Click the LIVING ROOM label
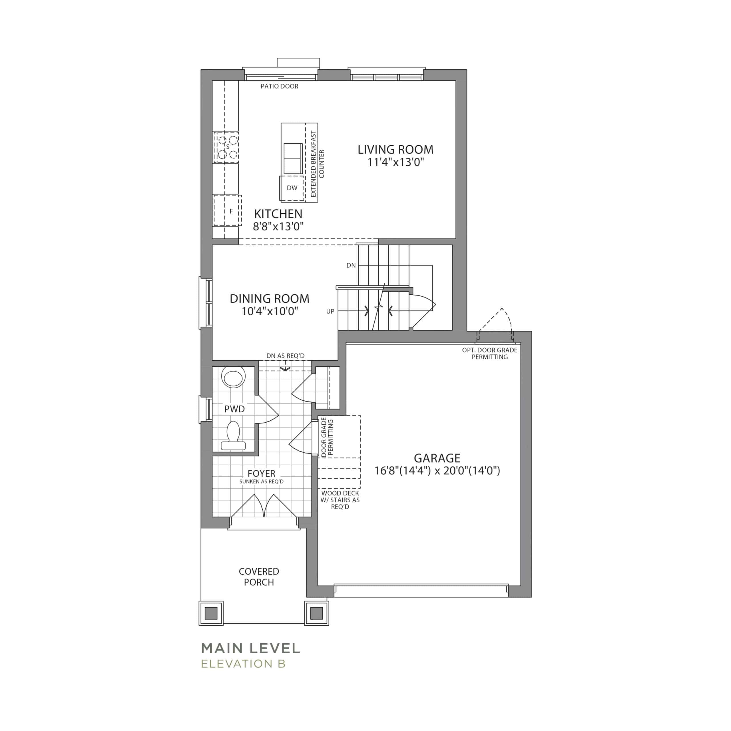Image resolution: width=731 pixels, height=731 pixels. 395,149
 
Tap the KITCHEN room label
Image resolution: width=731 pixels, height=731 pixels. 278,214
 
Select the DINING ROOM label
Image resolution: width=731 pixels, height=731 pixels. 269,298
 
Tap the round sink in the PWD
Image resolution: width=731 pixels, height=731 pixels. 233,377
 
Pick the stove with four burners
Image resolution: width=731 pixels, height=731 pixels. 226,147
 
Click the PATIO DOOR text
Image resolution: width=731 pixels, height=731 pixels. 279,86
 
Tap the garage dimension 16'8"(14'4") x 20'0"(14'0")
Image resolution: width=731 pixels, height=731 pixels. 437,471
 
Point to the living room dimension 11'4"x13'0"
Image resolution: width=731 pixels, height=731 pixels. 395,162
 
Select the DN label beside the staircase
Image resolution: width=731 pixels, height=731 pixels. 351,265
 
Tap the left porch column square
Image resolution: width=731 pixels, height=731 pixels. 211,613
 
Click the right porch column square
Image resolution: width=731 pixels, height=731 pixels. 317,613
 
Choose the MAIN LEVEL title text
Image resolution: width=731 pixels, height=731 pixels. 250,648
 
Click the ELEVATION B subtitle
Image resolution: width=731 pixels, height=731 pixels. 243,664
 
